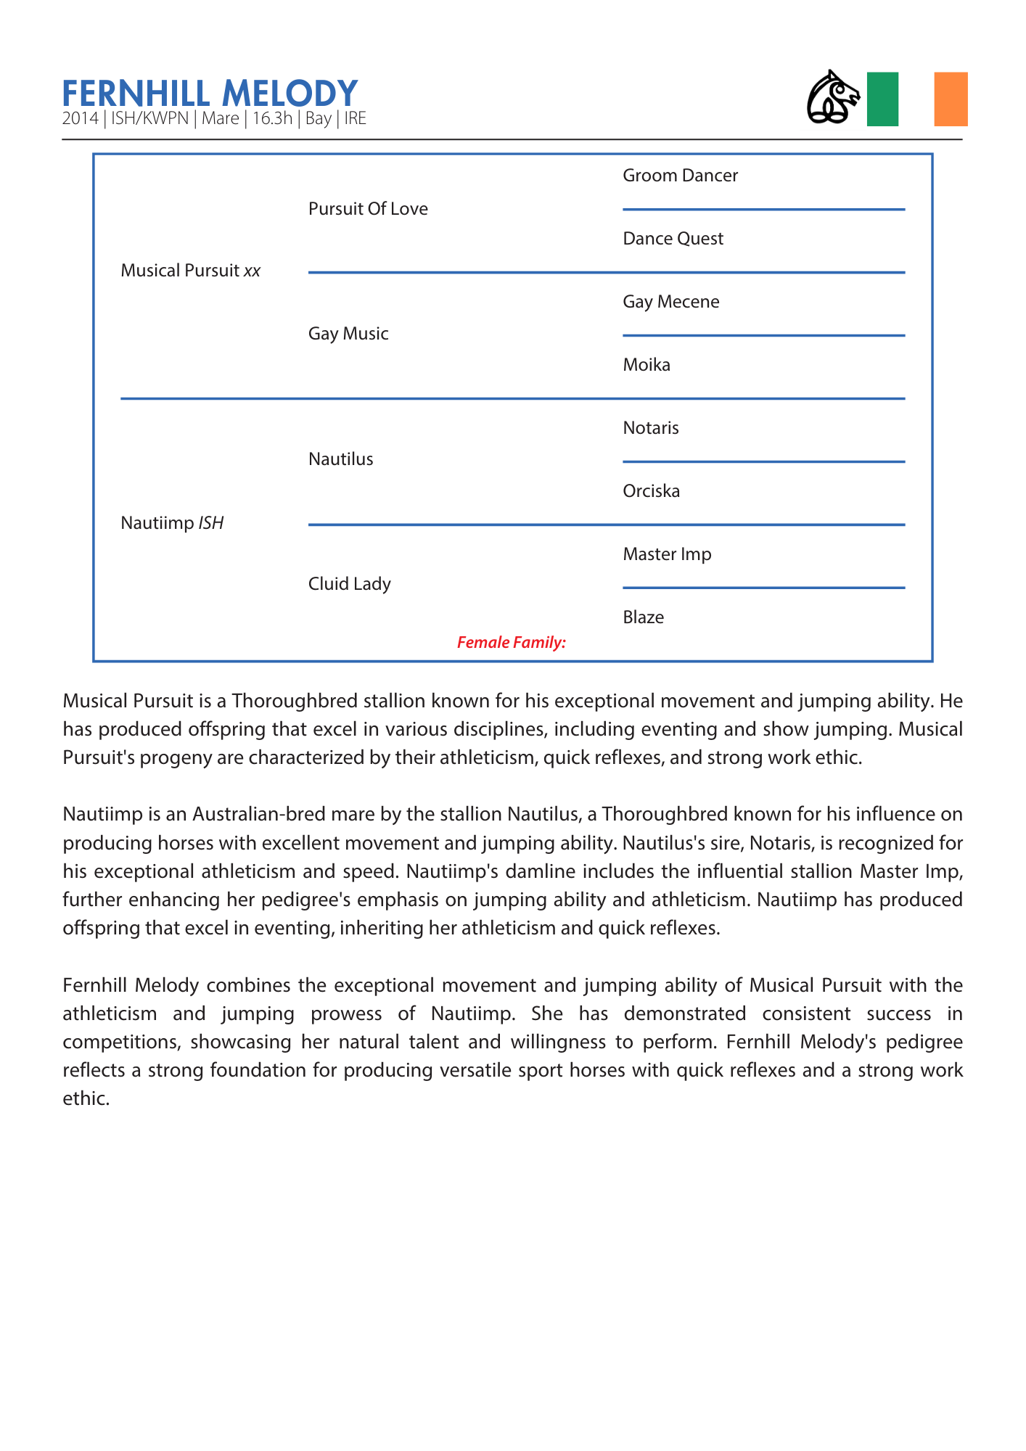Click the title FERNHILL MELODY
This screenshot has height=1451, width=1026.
(x=210, y=94)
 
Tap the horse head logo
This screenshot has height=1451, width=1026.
(x=833, y=97)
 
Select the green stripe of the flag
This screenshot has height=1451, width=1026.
(x=882, y=99)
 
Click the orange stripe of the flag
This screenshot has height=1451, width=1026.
(x=951, y=99)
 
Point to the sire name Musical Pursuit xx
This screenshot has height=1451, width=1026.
(x=190, y=271)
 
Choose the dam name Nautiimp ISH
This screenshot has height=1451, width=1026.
(x=172, y=523)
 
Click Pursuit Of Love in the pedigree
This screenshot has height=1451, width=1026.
(x=368, y=209)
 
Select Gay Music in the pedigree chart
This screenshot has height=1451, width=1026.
(x=348, y=334)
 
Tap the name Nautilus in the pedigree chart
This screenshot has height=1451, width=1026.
(x=340, y=459)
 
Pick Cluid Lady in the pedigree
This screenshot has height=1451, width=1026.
(x=349, y=584)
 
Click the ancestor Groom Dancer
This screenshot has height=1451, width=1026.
(x=680, y=176)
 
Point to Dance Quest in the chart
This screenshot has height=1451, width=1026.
(x=673, y=239)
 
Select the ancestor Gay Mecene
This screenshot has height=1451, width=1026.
(x=670, y=302)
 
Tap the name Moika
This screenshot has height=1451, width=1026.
(x=646, y=365)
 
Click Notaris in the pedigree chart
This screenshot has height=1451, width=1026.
(x=650, y=428)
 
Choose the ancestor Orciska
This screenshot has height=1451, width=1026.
(x=651, y=491)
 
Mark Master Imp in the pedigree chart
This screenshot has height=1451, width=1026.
(x=667, y=554)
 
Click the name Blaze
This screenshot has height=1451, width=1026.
(x=643, y=617)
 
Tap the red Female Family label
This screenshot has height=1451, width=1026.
(x=511, y=642)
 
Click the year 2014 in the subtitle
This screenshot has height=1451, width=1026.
(x=80, y=119)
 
